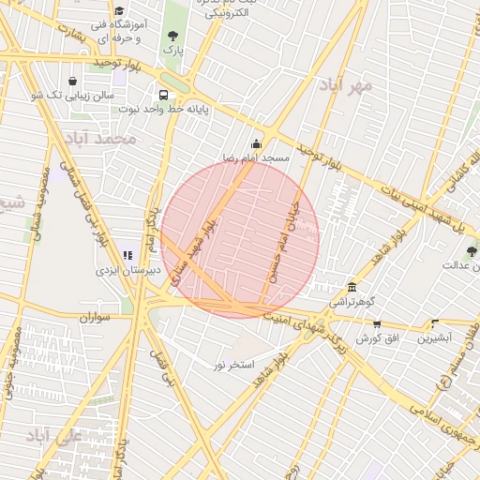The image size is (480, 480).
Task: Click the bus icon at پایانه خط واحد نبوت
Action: click(164, 95)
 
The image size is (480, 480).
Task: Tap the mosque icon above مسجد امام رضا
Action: click(256, 143)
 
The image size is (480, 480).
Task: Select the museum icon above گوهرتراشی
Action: click(352, 287)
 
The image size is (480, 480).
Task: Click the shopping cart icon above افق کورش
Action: click(377, 323)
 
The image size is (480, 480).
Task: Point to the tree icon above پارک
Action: click(172, 35)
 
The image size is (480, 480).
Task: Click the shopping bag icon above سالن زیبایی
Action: click(73, 81)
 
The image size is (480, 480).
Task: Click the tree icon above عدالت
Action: click(471, 250)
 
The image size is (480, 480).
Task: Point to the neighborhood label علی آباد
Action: click(56, 433)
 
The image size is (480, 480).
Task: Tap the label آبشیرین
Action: click(435, 337)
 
